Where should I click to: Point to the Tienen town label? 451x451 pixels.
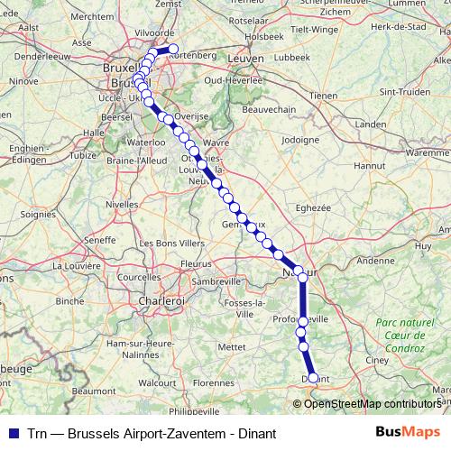point(322,95)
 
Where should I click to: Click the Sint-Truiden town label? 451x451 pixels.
point(403,91)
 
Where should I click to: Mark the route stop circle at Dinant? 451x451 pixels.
point(313,379)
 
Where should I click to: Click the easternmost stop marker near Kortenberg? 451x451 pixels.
point(173,50)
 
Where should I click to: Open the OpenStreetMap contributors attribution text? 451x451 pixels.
point(372,403)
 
